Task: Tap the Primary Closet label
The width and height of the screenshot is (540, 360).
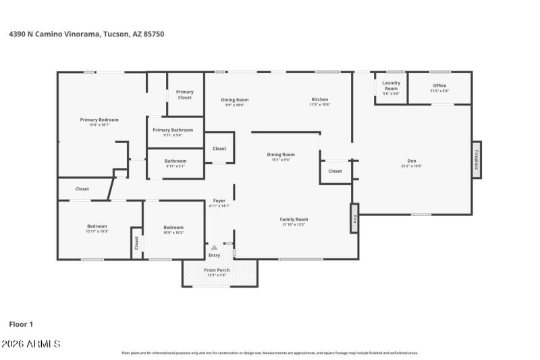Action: click(x=185, y=94)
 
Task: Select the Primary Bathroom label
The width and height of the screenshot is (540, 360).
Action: click(x=173, y=132)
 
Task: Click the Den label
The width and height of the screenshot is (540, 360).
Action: click(x=411, y=163)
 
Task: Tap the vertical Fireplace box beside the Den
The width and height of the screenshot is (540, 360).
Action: click(x=477, y=160)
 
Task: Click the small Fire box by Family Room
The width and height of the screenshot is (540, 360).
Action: click(x=354, y=219)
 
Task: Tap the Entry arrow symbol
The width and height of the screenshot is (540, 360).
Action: click(x=214, y=248)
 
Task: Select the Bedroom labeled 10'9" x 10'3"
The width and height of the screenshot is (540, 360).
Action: click(x=173, y=230)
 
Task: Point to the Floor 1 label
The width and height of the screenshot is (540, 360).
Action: click(x=21, y=324)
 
